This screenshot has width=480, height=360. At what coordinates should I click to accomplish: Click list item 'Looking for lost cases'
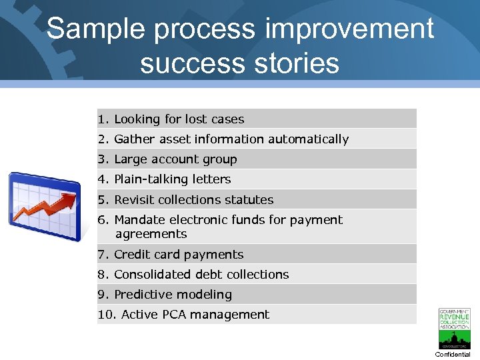point(179,119)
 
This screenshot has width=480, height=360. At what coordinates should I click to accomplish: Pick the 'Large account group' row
point(175,159)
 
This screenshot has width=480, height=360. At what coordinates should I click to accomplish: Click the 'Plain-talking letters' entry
point(172,179)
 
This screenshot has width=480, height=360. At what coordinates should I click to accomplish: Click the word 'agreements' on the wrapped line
point(151,234)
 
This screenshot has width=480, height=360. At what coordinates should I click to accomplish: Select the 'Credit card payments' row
point(179,255)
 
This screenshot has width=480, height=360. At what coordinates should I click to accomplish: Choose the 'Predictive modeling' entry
point(173,295)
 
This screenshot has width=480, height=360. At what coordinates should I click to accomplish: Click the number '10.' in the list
point(107,315)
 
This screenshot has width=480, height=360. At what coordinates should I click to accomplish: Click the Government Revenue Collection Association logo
point(454,328)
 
